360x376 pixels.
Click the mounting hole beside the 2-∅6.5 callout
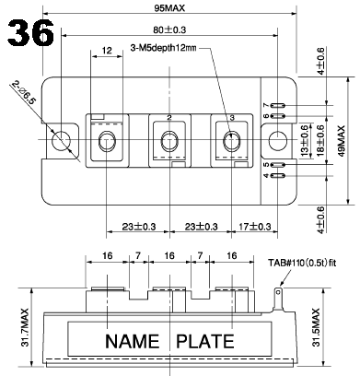[62, 142]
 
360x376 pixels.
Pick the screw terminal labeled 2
[168, 142]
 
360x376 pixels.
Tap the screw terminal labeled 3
[229, 142]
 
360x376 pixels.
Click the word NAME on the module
[136, 343]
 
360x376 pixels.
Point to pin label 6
[290, 117]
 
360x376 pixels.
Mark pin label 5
[290, 165]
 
